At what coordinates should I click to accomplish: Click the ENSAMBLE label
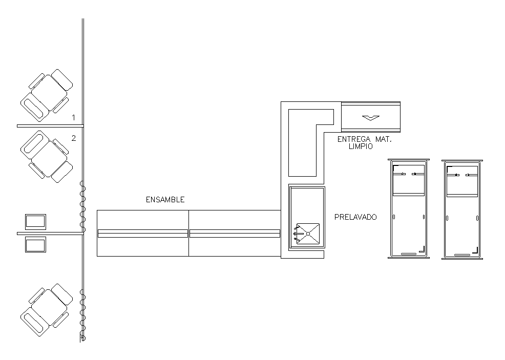point(165,200)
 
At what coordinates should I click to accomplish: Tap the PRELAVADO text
point(355,217)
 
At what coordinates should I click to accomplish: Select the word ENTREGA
point(354,139)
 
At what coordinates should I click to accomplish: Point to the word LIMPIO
point(361,146)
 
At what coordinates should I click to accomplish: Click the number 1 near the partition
point(73,118)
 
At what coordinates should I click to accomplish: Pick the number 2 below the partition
point(74,138)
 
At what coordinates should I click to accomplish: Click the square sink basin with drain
point(308,234)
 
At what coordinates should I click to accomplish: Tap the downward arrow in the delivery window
point(371,118)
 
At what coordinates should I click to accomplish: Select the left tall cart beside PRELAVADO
point(408,208)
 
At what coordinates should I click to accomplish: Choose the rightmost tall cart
point(462,209)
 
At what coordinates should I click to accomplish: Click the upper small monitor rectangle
point(35,222)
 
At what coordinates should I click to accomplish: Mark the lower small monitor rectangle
point(35,244)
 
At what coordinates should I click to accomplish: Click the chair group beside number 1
point(47,95)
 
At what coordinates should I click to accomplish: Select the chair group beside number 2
point(47,157)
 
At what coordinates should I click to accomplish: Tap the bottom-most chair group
point(47,310)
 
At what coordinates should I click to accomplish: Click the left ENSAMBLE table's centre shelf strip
point(143,234)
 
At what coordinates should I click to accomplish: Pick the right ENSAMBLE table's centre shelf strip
point(235,234)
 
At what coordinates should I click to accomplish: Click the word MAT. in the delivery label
point(383,139)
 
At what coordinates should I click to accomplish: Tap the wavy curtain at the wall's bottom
point(83,315)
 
